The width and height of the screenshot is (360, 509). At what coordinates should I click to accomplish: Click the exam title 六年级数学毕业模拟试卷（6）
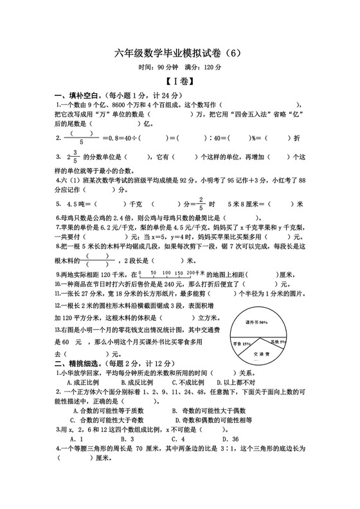pyautogui.click(x=179, y=53)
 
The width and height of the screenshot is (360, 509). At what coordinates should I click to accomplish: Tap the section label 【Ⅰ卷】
pyautogui.click(x=179, y=81)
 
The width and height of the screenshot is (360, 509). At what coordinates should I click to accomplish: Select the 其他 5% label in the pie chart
pyautogui.click(x=277, y=341)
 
